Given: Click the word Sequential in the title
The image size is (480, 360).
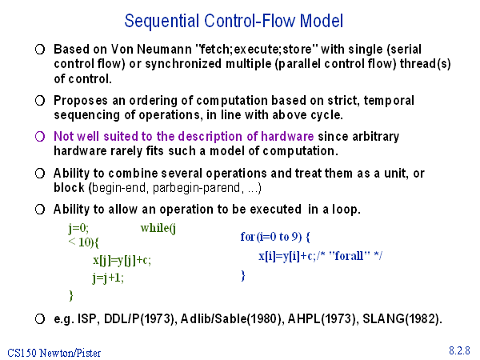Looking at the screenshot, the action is [162, 22].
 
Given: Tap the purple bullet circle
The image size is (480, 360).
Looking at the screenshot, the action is [40, 137].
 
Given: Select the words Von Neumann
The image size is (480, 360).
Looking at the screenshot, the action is [151, 49].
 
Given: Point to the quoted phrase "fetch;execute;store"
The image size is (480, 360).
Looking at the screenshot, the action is [257, 49].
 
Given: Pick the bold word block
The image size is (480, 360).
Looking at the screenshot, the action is [69, 188].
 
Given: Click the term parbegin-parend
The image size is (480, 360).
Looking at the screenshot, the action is [196, 188].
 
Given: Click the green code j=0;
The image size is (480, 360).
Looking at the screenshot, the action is [78, 228].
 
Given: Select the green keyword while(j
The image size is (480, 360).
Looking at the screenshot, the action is [158, 228].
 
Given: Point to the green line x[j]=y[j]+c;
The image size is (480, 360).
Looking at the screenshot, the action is [122, 261].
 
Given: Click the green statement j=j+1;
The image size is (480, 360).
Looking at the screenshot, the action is [108, 278].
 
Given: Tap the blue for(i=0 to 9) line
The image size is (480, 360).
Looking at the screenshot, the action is [275, 237].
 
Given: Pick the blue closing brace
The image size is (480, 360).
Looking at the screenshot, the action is [243, 275].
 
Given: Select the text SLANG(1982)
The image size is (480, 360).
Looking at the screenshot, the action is [402, 319].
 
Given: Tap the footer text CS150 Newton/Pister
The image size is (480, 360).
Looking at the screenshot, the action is [54, 353].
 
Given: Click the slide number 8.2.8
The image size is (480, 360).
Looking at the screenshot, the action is [459, 350].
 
